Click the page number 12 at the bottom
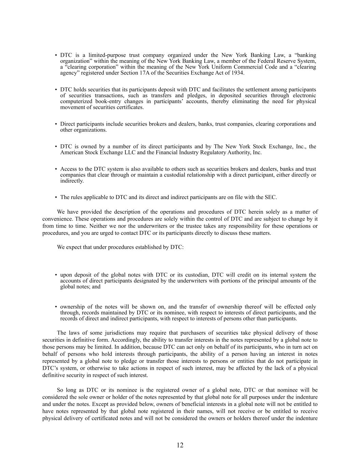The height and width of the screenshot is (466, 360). pos(180,445)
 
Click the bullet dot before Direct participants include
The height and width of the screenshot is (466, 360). pos(56,124)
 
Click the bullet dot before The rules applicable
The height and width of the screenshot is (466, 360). pos(56,198)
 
